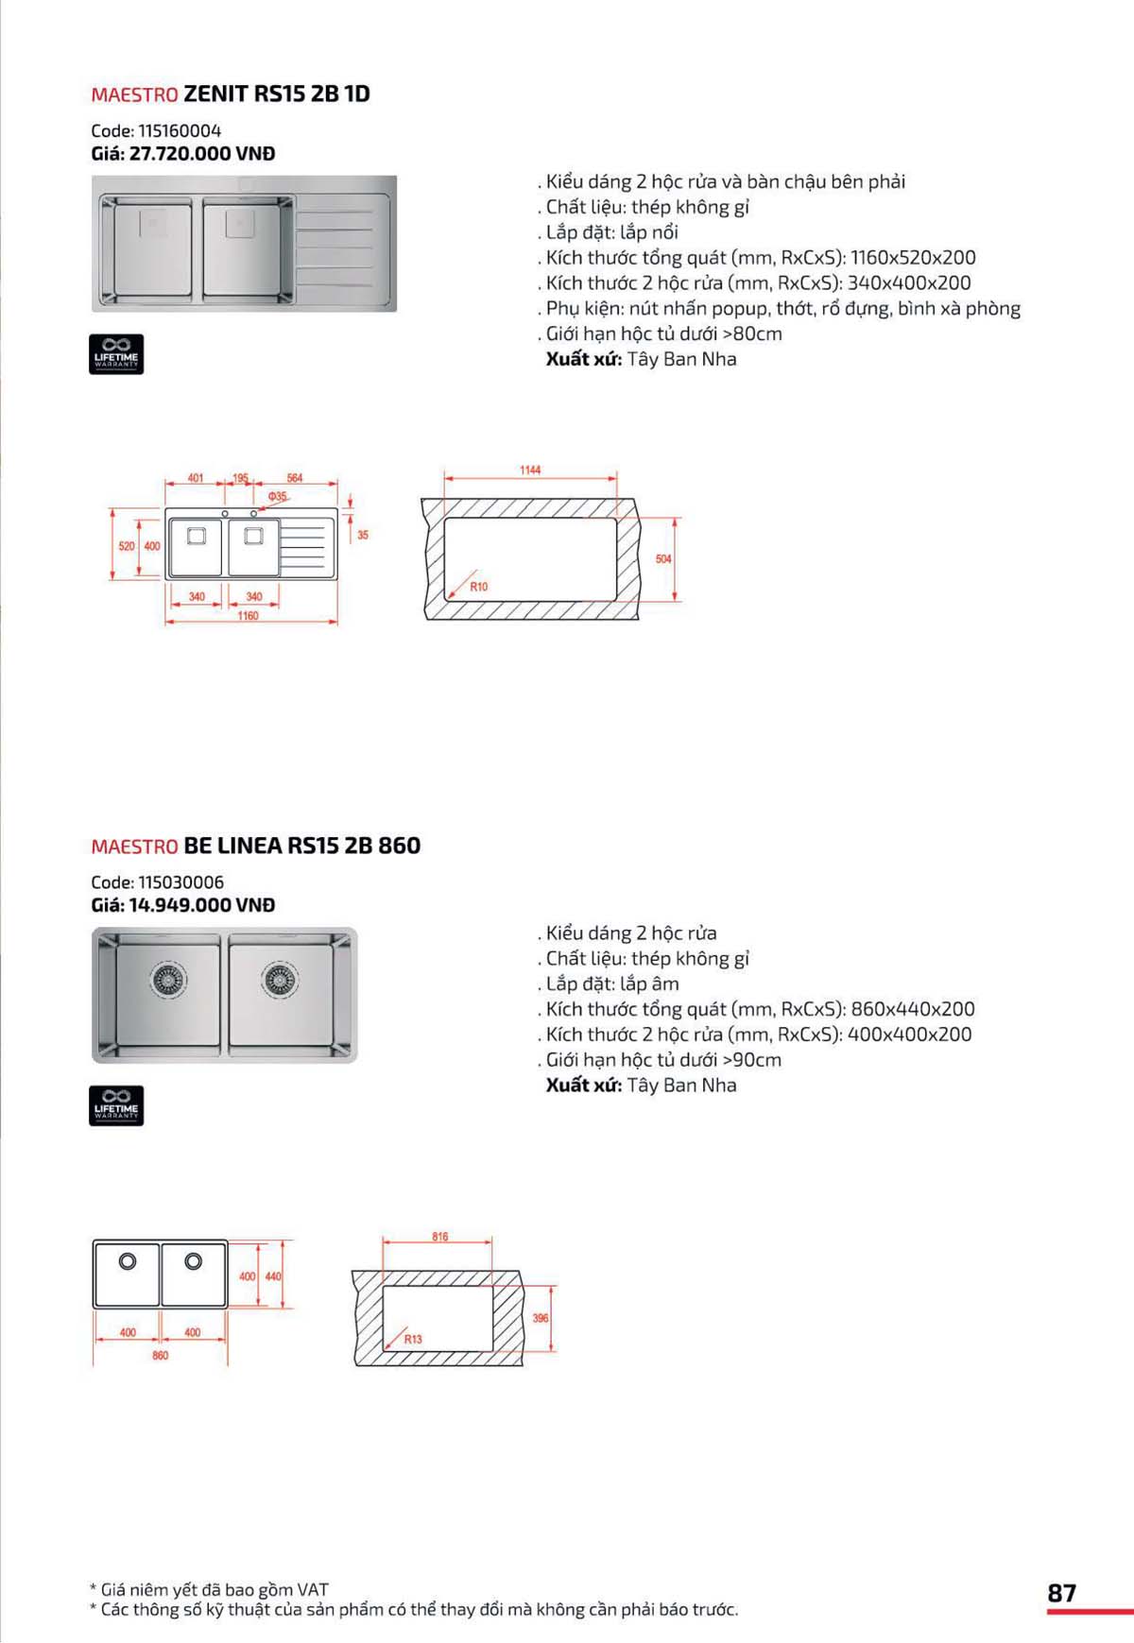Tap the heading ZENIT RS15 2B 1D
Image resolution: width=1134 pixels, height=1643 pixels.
[277, 94]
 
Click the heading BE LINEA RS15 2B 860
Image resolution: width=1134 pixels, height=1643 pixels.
[301, 846]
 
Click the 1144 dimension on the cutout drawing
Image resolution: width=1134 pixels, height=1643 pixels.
[530, 471]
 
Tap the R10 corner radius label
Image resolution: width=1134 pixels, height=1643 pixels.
[479, 587]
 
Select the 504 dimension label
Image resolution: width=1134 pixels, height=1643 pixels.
[663, 559]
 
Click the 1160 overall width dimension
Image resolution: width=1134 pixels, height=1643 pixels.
[248, 616]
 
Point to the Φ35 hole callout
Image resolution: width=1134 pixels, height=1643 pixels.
[277, 496]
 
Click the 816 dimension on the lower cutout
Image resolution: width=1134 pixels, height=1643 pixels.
[440, 1237]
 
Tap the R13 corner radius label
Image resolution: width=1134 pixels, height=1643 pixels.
[413, 1339]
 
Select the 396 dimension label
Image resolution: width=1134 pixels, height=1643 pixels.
[541, 1318]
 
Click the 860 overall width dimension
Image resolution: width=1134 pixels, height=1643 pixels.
[161, 1356]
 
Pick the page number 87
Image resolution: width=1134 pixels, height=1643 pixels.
[1061, 1593]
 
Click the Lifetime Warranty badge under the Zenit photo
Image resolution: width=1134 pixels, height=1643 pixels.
[116, 354]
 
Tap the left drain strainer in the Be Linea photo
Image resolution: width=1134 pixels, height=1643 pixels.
[168, 980]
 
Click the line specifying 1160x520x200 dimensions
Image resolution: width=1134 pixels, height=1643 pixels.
[760, 258]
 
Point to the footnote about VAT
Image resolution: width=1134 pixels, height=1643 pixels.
[210, 1590]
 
